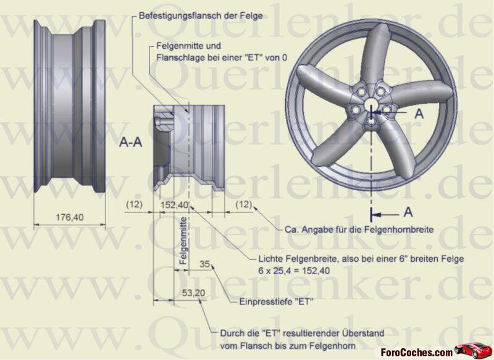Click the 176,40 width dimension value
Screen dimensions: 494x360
[70, 217]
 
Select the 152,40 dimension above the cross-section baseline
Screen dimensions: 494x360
[174, 205]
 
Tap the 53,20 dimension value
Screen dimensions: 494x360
[193, 293]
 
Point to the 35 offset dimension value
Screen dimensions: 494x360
[205, 264]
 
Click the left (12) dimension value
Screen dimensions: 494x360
[134, 204]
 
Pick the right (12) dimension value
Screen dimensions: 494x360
[243, 204]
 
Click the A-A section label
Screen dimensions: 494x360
[130, 143]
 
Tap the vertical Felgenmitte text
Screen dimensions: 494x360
[183, 241]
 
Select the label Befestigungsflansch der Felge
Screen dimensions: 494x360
[201, 15]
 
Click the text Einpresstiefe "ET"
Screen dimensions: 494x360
[276, 302]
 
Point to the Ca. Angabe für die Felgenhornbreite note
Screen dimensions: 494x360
[359, 230]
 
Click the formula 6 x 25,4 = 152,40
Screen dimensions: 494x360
[294, 271]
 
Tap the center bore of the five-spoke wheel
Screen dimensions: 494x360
[371, 104]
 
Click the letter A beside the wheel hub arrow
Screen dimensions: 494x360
[419, 114]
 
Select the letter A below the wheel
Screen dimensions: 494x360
[408, 212]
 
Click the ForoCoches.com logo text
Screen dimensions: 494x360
[416, 352]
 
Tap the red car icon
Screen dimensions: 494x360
[472, 350]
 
